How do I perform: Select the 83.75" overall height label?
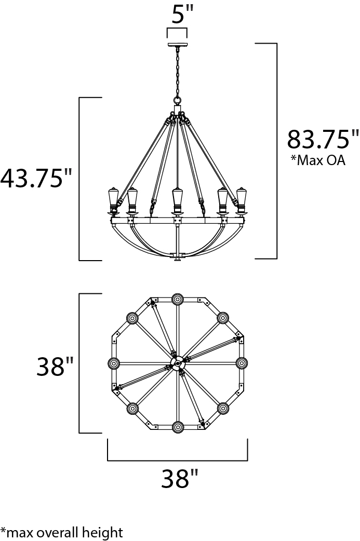(323, 139)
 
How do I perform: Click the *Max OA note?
(317, 160)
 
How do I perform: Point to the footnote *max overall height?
(61, 532)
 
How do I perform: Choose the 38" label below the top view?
(180, 478)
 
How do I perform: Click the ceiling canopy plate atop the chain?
(177, 45)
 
